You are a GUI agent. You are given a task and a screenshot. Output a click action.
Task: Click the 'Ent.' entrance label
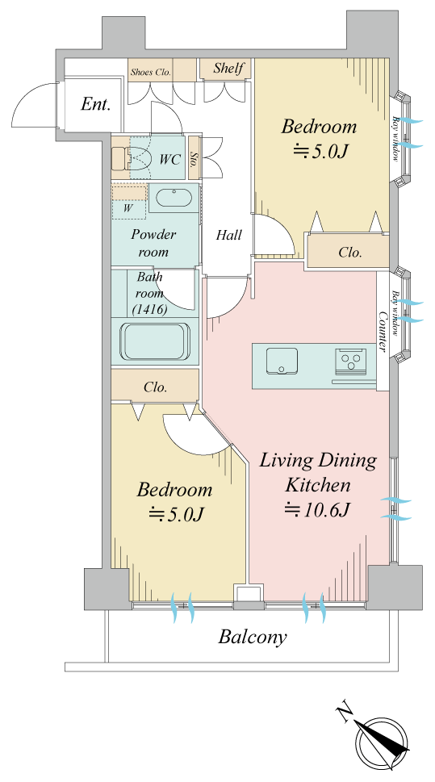[x=95, y=105]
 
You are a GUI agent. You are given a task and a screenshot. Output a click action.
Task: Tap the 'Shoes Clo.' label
[x=151, y=73]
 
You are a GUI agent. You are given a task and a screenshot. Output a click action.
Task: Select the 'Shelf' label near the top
[x=228, y=68]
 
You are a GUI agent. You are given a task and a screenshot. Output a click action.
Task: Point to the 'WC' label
[x=169, y=160]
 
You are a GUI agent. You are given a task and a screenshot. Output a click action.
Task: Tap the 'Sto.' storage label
[x=194, y=159]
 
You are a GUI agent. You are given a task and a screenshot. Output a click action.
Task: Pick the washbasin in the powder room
[x=174, y=198]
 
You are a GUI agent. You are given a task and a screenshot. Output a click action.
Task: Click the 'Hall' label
[x=229, y=234]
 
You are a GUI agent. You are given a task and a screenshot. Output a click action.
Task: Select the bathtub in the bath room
[x=155, y=341]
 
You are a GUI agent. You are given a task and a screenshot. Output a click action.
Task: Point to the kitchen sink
[x=282, y=361]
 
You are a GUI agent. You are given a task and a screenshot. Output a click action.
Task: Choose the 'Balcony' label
[x=253, y=637]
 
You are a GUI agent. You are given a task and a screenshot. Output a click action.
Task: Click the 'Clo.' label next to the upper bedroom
[x=350, y=253]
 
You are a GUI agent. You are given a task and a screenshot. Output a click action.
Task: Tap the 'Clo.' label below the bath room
[x=155, y=387]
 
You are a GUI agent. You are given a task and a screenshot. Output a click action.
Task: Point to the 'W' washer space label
[x=128, y=208]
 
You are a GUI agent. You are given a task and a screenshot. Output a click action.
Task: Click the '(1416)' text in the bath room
[x=149, y=309]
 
